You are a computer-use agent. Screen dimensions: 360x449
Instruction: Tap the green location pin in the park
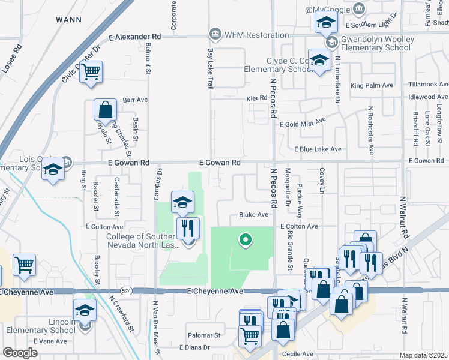click(245, 240)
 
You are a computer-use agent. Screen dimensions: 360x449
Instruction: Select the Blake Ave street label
click(253, 214)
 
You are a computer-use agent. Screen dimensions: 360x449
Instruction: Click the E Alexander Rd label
click(135, 37)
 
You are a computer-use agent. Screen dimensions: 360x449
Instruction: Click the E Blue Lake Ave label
click(318, 149)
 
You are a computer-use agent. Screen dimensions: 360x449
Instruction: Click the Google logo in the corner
click(20, 353)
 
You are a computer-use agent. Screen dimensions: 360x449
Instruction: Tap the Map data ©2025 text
click(424, 355)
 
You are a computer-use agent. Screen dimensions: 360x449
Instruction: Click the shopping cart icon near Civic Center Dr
click(91, 72)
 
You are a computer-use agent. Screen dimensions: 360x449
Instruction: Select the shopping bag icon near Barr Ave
click(105, 110)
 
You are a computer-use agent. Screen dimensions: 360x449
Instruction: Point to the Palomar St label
click(205, 335)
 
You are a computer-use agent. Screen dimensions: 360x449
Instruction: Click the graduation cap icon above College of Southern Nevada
click(182, 202)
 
